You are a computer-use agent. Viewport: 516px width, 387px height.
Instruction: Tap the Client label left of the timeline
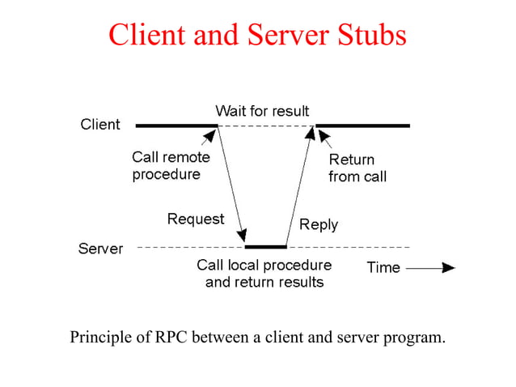[x=100, y=125]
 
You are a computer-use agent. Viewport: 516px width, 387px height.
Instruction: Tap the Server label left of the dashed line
[x=100, y=249]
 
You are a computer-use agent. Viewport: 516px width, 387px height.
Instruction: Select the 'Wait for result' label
[x=262, y=110]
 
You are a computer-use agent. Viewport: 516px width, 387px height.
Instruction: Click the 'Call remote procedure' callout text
[x=170, y=167]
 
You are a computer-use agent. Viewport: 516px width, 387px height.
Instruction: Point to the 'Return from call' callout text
[x=357, y=168]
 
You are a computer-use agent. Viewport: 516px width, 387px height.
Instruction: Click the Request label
[x=196, y=219]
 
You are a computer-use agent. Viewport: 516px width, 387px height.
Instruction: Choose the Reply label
[x=319, y=224]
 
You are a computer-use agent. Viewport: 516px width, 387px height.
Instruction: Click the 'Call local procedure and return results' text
[x=264, y=274]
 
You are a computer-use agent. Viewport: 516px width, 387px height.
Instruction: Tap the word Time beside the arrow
[x=383, y=268]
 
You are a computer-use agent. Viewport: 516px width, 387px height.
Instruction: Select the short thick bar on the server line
[x=265, y=246]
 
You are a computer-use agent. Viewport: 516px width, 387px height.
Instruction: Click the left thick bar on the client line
[x=176, y=125]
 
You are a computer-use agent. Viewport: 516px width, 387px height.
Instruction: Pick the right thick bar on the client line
[x=363, y=125]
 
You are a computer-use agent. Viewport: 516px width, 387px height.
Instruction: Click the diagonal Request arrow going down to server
[x=231, y=186]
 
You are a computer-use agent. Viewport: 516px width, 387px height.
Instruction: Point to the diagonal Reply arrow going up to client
[x=298, y=186]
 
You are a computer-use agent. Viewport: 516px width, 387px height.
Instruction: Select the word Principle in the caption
[x=100, y=336]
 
